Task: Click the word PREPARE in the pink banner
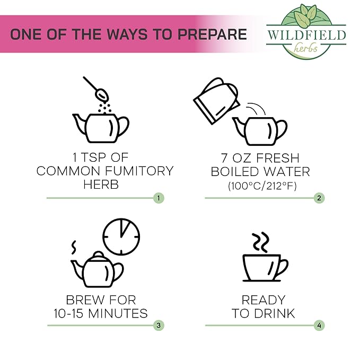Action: click(212, 34)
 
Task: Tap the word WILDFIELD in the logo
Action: click(306, 36)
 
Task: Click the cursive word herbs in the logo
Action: click(306, 48)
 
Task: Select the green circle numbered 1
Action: click(159, 198)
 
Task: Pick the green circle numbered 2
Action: click(319, 198)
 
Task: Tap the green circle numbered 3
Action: click(159, 326)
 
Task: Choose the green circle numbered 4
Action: click(319, 326)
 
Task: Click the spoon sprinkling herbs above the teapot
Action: click(96, 89)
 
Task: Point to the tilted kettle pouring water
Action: click(216, 101)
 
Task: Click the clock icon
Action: click(121, 236)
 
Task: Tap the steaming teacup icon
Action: click(266, 268)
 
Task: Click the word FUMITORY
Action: click(139, 171)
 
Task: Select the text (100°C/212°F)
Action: click(262, 186)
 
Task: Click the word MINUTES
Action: click(118, 313)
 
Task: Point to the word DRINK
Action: click(275, 313)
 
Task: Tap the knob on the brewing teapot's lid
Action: click(99, 254)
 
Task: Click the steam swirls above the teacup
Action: click(260, 242)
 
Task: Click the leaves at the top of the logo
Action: click(305, 14)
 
